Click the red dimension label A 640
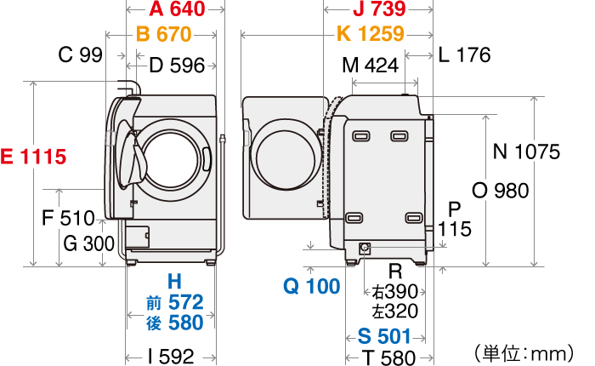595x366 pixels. click(177, 9)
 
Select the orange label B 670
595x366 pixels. click(163, 35)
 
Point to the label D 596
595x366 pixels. click(177, 66)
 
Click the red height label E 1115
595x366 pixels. click(33, 157)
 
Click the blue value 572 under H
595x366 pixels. click(185, 302)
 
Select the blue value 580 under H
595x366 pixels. click(185, 323)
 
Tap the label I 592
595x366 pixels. click(171, 356)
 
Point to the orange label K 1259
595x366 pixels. click(370, 35)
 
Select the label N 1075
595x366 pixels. click(526, 152)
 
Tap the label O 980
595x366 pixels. click(500, 191)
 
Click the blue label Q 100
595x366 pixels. click(311, 287)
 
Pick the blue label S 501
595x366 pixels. click(384, 335)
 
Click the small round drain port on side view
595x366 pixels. click(365, 249)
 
